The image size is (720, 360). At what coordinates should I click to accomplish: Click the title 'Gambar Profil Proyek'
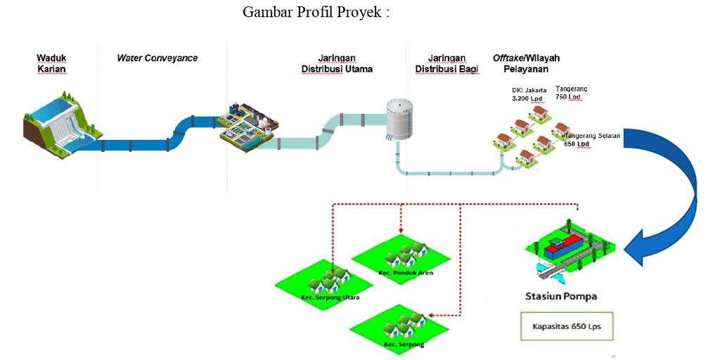click(315, 12)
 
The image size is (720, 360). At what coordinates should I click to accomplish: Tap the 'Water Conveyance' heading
click(157, 58)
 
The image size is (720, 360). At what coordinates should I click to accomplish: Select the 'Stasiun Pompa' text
click(561, 296)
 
